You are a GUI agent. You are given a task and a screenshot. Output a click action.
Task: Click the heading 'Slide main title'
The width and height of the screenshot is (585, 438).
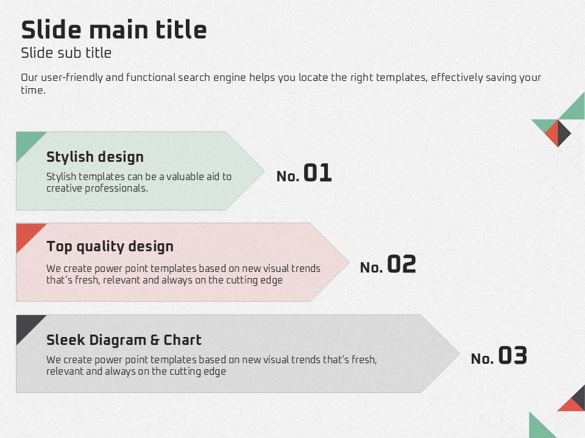pos(114,30)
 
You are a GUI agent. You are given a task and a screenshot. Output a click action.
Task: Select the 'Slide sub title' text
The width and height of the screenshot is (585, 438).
pos(66,53)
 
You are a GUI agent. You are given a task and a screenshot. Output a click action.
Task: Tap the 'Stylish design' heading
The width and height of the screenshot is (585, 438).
pos(95,157)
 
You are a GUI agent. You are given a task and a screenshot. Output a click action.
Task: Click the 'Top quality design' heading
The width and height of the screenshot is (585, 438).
pos(110,246)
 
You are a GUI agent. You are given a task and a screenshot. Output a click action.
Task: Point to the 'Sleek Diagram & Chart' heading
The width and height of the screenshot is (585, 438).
pos(124,339)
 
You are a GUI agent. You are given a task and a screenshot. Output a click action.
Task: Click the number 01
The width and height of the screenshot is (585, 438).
pos(317,173)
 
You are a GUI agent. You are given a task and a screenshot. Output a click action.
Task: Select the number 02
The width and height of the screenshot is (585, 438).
pos(402,264)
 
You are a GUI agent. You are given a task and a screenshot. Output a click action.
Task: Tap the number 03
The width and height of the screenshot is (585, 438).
pos(512,355)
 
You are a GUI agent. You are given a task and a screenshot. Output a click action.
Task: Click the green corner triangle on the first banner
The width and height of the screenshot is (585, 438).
pos(26,142)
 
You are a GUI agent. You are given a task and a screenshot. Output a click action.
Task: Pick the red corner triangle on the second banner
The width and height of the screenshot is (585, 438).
pos(26,233)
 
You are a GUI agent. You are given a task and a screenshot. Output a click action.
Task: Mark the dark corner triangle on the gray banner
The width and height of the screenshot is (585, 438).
pos(26,325)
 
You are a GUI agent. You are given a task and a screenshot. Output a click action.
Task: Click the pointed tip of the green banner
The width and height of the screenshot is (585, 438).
pos(264,171)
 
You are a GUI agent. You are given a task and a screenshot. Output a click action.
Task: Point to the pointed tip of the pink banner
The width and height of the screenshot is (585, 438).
pos(349,262)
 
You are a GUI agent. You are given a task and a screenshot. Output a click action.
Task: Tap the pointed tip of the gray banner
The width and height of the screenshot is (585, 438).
pos(459,354)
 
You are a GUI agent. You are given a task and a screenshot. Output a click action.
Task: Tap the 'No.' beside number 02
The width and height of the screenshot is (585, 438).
pos(372,268)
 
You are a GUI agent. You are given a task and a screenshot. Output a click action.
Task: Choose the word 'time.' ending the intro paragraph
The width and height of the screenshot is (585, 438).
pos(33,90)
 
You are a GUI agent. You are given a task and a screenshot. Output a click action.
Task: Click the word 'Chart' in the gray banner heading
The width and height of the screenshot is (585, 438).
pos(182,339)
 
